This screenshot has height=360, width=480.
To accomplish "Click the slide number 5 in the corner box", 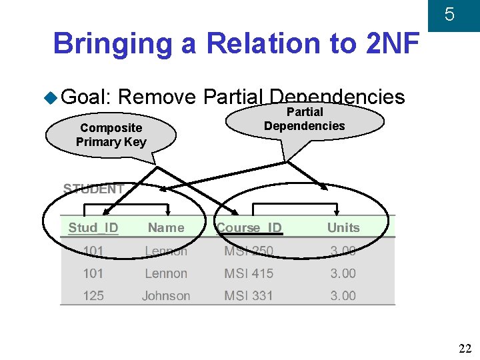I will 449,14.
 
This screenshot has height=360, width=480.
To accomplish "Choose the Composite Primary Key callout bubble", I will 111,135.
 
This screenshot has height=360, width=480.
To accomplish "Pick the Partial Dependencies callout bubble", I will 305,119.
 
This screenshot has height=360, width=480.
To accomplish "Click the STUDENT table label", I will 93,189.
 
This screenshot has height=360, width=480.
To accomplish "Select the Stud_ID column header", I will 93,227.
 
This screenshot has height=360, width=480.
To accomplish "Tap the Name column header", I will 166,227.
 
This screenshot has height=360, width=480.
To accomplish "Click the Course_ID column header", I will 249,227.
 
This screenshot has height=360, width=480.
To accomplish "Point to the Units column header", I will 343,227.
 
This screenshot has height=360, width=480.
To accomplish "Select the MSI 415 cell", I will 249,273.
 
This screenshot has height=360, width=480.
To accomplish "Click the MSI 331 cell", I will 249,295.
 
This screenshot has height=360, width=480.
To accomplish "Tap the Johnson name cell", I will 166,295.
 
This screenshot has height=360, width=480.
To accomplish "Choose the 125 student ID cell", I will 93,295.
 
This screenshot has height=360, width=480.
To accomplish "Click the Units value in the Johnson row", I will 343,295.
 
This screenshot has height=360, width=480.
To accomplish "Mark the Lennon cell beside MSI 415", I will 166,273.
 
